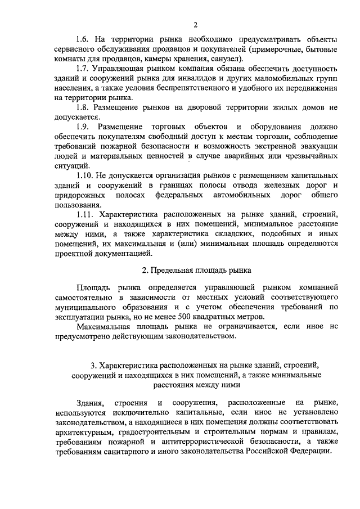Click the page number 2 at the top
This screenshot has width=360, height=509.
pos(195,25)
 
